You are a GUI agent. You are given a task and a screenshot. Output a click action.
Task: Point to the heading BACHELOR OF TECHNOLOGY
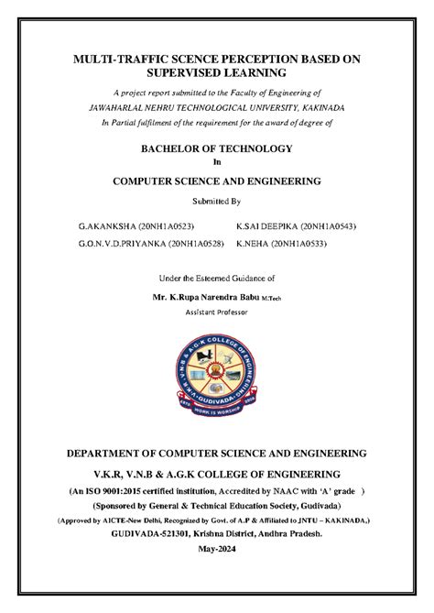point(216,148)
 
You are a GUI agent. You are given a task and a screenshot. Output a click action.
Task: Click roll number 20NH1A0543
point(321,224)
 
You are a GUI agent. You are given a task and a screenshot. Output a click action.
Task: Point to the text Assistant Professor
point(217,311)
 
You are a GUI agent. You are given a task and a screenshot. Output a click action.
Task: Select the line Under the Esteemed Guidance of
point(217,277)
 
